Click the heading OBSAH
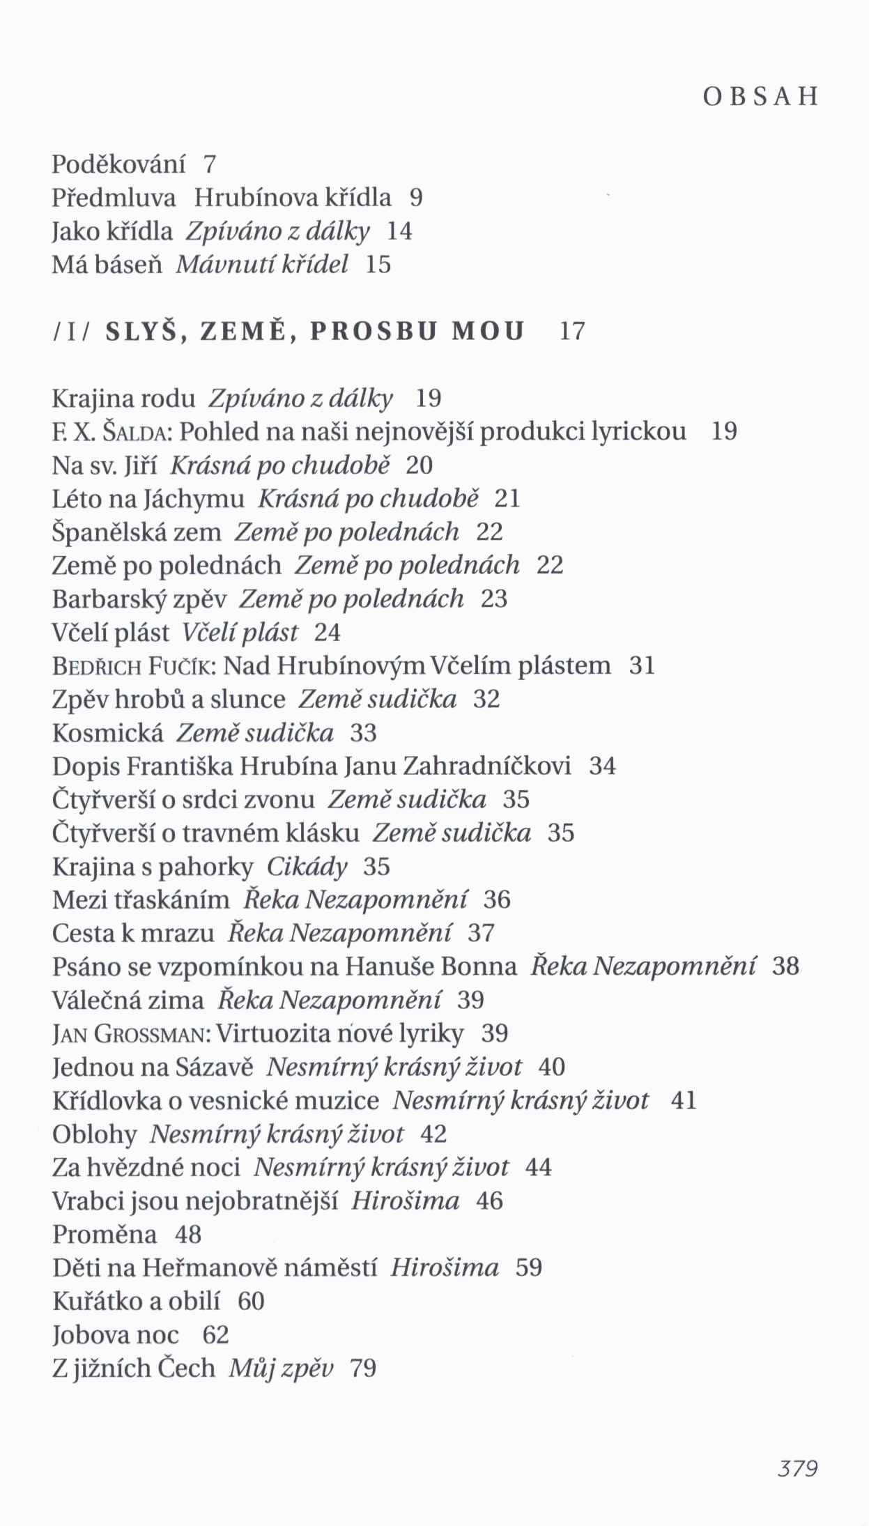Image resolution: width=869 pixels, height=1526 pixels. [x=760, y=97]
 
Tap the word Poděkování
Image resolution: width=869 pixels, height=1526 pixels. [x=119, y=164]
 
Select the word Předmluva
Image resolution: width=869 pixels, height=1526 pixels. [x=114, y=199]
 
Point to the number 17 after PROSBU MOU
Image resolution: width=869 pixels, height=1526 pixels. [x=572, y=332]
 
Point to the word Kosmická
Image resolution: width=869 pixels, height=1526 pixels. [x=108, y=734]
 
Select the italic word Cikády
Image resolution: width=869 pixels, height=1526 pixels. [x=307, y=868]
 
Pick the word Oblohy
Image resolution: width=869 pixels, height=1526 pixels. [x=95, y=1134]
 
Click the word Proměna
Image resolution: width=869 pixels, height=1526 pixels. [x=105, y=1235]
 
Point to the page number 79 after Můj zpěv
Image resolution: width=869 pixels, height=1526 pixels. [x=363, y=1369]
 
